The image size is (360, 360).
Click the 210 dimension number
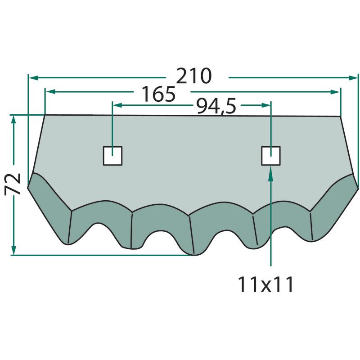[194, 76]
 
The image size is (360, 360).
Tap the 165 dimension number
[158, 94]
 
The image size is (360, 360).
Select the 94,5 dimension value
[216, 106]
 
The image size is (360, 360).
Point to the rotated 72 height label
[13, 184]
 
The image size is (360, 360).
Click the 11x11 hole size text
[266, 284]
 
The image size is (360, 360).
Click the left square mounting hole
[112, 156]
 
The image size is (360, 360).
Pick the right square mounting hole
[271, 156]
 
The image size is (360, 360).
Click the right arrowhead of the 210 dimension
[353, 78]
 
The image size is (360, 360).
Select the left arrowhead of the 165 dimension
[50, 92]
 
